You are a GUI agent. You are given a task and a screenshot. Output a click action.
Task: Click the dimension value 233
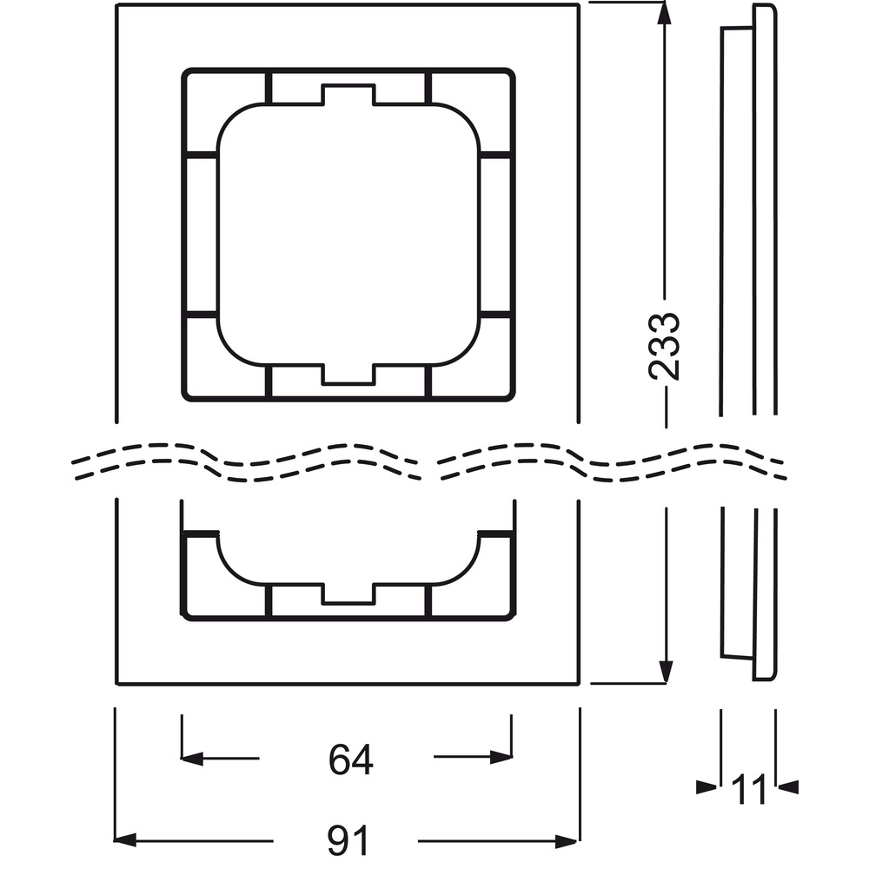click(x=664, y=347)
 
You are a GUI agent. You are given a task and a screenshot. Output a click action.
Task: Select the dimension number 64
click(x=351, y=760)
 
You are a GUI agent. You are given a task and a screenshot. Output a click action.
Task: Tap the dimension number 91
click(x=348, y=840)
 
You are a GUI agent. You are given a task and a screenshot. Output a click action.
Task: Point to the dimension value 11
click(x=748, y=789)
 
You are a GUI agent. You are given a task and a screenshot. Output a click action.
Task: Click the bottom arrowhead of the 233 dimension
click(x=666, y=672)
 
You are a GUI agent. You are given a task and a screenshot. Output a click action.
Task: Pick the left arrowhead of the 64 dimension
click(x=192, y=758)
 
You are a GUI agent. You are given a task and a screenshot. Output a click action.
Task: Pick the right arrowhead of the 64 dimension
click(x=501, y=758)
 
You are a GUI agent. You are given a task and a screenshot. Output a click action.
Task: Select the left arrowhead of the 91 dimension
click(x=125, y=840)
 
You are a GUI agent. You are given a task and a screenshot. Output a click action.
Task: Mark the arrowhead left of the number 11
click(x=706, y=787)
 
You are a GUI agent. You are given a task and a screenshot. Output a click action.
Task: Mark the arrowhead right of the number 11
click(x=787, y=787)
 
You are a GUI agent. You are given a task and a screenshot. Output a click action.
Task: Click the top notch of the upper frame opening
click(x=348, y=94)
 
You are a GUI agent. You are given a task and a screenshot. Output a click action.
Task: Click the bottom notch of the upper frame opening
click(x=348, y=374)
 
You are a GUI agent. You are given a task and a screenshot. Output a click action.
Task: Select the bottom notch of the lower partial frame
click(x=348, y=594)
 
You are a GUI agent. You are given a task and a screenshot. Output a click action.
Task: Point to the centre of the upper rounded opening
click(x=348, y=234)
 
